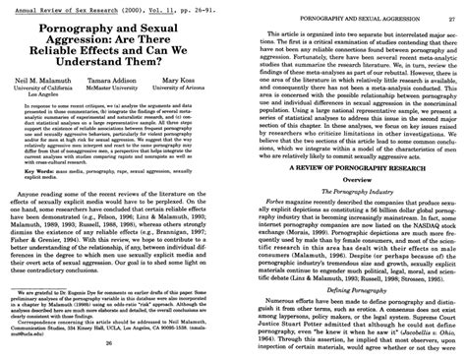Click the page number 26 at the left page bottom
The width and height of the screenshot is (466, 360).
coord(118,350)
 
